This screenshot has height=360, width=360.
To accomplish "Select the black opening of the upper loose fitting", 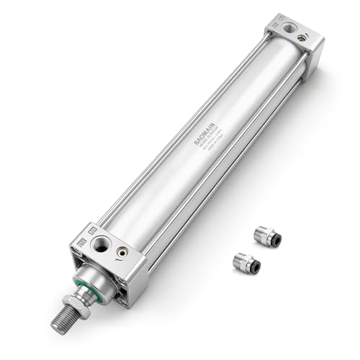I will [276, 240].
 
